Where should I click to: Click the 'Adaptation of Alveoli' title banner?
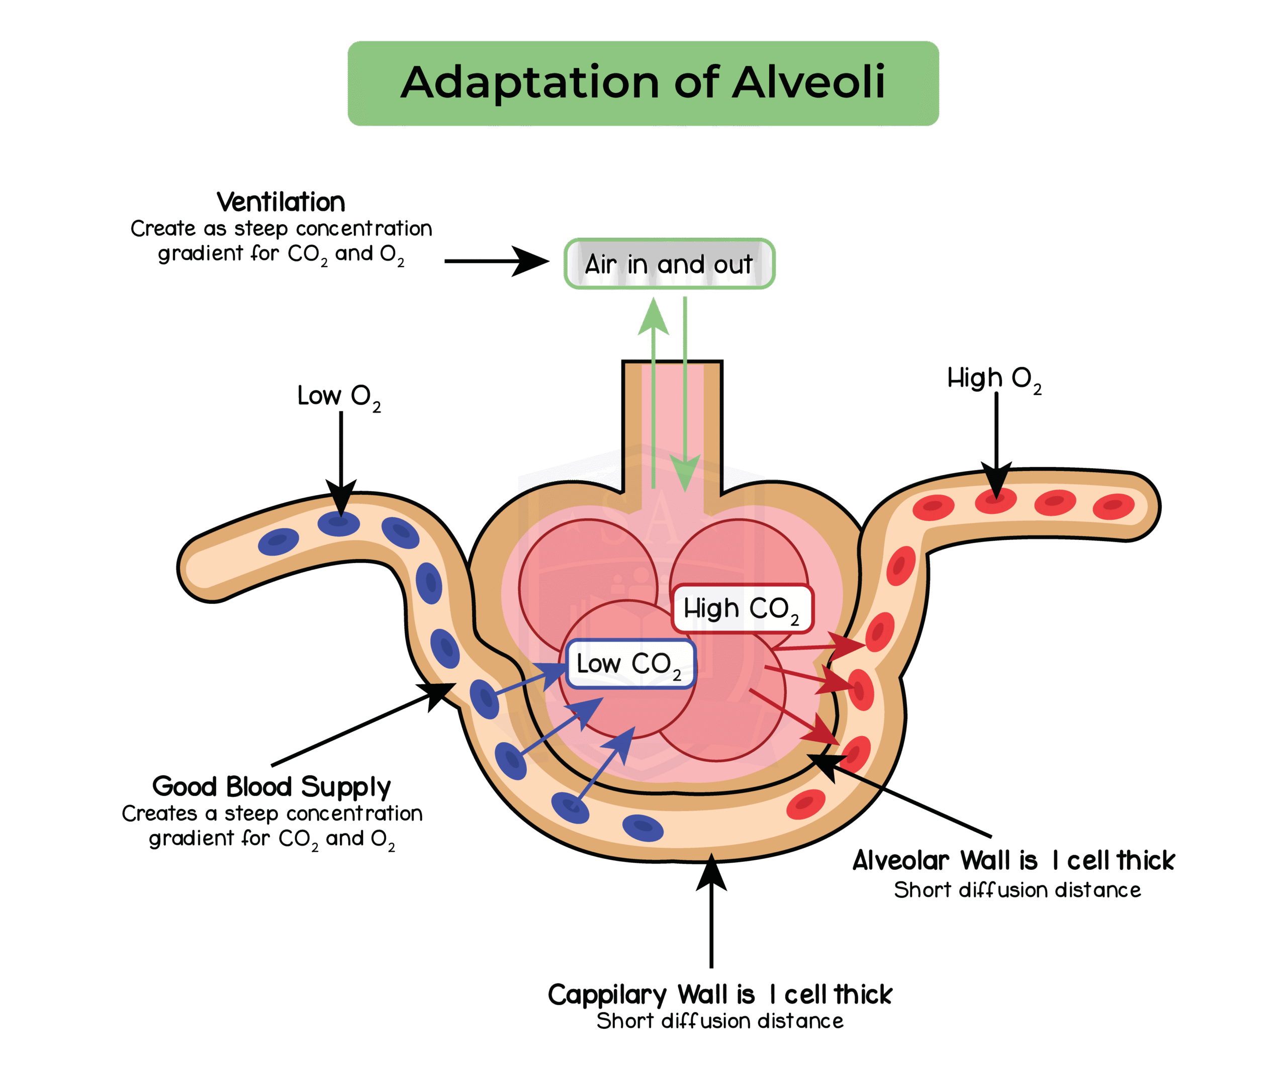click(x=643, y=83)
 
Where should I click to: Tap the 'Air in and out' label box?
click(x=669, y=263)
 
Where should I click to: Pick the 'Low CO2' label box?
click(x=630, y=664)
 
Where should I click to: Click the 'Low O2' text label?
click(x=339, y=397)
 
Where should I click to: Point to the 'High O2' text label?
click(x=993, y=379)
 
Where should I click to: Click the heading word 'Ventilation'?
click(x=281, y=202)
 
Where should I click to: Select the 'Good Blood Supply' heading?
click(x=271, y=786)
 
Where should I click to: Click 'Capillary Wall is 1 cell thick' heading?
click(x=719, y=994)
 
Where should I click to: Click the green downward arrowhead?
click(x=685, y=473)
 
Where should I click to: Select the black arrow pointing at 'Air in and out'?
click(x=496, y=261)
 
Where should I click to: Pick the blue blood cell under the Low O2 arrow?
click(x=339, y=524)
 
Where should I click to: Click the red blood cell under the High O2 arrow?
click(x=996, y=501)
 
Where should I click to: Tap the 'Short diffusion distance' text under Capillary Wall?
click(x=719, y=1021)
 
